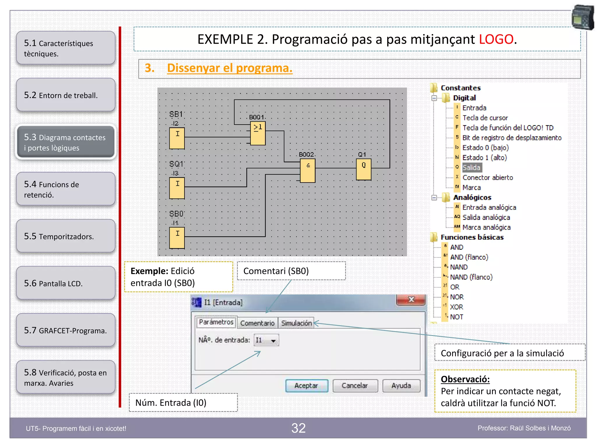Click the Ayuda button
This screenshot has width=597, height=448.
[x=401, y=386]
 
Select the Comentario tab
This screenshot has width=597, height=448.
[x=257, y=323]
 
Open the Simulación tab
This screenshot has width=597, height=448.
[x=296, y=323]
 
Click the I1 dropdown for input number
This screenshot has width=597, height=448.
[x=266, y=340]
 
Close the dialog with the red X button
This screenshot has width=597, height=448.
[x=411, y=300]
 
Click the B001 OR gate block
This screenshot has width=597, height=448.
[x=258, y=133]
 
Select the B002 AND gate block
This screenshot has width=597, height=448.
[x=308, y=170]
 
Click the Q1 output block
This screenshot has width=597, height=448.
[x=364, y=169]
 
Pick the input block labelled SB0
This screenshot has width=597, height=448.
[x=177, y=238]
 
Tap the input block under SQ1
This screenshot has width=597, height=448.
[x=177, y=188]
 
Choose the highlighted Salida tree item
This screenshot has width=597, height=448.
[x=471, y=168]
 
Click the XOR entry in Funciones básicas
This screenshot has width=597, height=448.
[x=456, y=307]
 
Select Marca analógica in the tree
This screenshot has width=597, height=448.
[x=486, y=228]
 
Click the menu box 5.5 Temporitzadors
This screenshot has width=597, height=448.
[x=66, y=236]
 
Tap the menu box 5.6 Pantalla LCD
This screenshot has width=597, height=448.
[x=66, y=283]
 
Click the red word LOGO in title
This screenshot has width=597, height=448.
[x=496, y=39]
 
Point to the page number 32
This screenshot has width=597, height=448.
[x=298, y=428]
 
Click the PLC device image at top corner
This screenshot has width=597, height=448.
[x=582, y=17]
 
